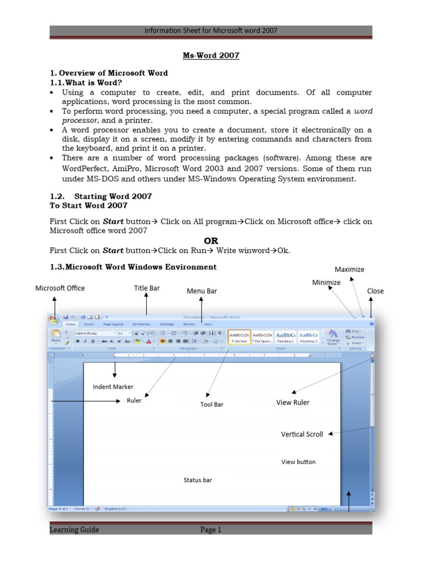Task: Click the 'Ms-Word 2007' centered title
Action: point(211,56)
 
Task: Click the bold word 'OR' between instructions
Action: point(211,240)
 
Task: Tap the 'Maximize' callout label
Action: point(349,269)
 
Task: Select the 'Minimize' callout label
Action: point(326,282)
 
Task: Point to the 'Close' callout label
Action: point(375,291)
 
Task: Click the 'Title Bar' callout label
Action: point(147,288)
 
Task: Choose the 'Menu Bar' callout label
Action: point(202,291)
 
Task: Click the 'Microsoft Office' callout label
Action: point(60,288)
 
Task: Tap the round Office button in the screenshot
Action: point(54,319)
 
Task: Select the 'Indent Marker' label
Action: point(113,387)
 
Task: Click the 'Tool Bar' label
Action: point(212,404)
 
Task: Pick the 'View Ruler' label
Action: point(292,402)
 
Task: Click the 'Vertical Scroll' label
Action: point(302,434)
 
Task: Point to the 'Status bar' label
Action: point(198,480)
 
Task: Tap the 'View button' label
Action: point(298,462)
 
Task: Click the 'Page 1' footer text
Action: point(210,530)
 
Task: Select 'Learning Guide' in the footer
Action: point(74,530)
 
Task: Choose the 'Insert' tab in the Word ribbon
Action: point(88,324)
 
